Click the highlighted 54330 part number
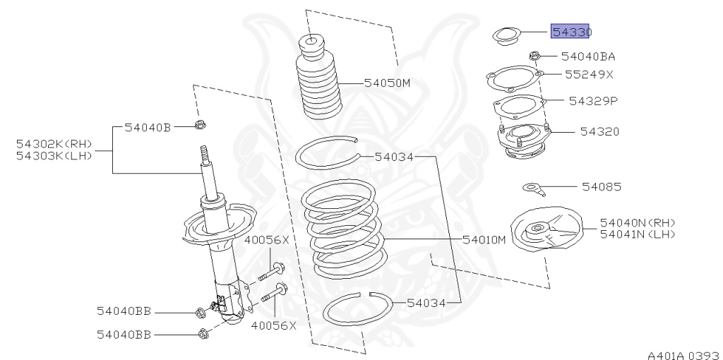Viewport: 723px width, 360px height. (570, 32)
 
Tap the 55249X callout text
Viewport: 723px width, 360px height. (590, 74)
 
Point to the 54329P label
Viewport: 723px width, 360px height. (593, 101)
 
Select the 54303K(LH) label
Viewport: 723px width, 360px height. (54, 155)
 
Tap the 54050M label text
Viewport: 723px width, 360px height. (387, 83)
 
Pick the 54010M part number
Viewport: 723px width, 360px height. (485, 239)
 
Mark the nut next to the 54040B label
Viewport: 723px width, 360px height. (199, 127)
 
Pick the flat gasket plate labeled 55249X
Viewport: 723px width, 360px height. (513, 78)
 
